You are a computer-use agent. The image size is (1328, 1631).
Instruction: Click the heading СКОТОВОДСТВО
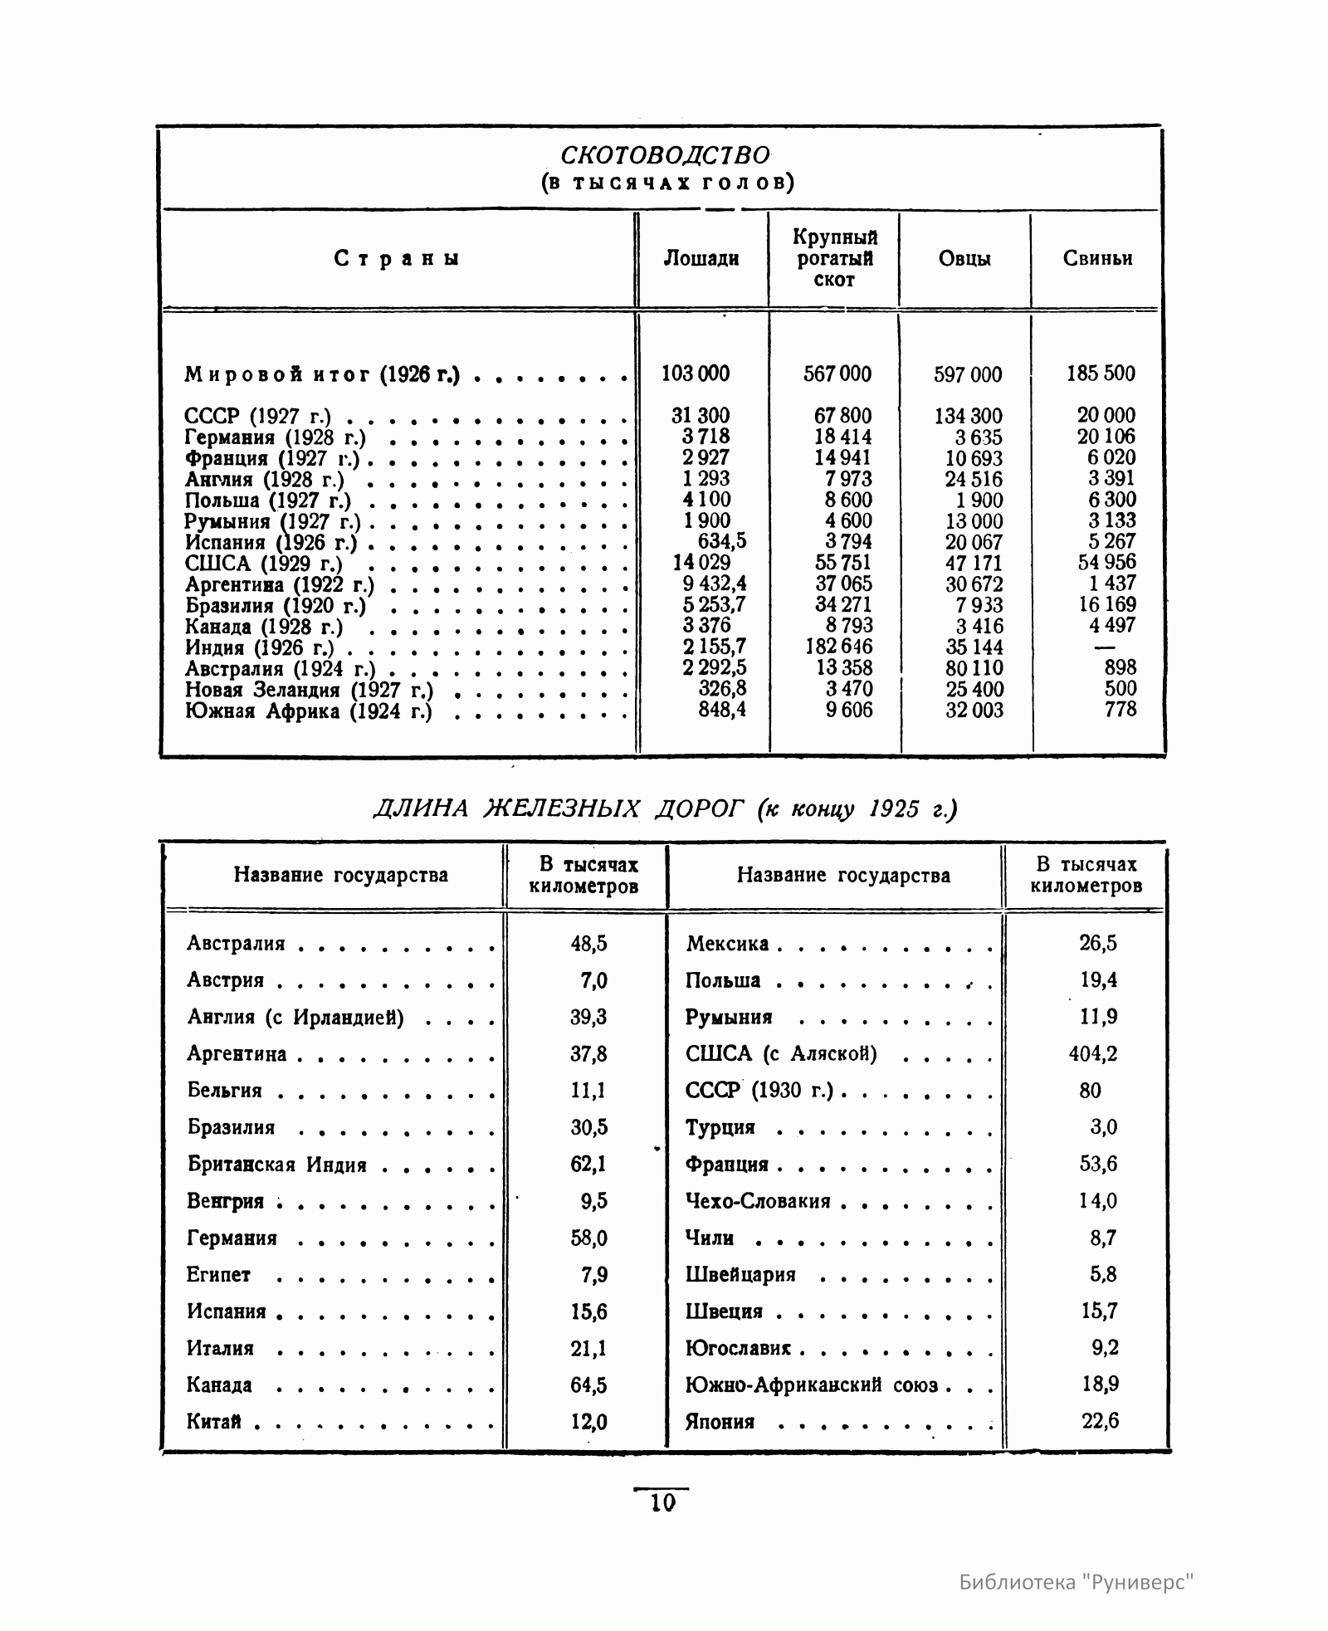pos(665,155)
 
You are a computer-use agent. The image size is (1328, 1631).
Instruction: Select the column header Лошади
pos(701,258)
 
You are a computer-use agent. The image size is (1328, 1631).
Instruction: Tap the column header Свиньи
pos(1097,258)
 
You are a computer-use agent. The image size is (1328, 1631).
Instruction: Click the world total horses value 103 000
pos(696,374)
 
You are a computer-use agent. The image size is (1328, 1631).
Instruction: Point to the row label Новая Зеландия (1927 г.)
pos(309,690)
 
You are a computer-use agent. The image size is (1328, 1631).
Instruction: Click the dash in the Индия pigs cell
pos(1105,647)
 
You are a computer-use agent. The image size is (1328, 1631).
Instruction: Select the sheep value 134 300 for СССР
pos(968,416)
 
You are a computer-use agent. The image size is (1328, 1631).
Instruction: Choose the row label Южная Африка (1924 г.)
pos(308,711)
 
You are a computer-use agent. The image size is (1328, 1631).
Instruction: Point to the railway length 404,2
pos(1092,1054)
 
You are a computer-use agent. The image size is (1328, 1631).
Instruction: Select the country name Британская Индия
pos(276,1165)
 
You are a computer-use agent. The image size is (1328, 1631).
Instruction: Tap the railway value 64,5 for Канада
pos(588,1385)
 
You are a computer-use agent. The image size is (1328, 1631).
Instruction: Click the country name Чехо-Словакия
pos(758,1201)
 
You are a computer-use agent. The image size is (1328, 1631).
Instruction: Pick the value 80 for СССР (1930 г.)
pos(1090,1091)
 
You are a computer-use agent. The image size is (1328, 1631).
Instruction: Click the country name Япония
pos(720,1422)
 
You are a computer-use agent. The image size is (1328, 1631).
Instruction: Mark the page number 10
pos(662,1503)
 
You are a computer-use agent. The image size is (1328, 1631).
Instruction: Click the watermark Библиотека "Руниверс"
pos(1076,1581)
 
